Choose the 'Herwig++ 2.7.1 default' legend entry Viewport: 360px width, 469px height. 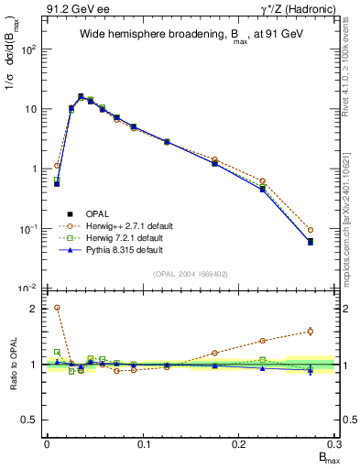[x=134, y=224]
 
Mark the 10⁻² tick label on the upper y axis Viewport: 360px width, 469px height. [x=28, y=289]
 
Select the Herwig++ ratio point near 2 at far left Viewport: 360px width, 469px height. [x=57, y=308]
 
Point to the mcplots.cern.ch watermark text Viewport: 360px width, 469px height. [x=350, y=211]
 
